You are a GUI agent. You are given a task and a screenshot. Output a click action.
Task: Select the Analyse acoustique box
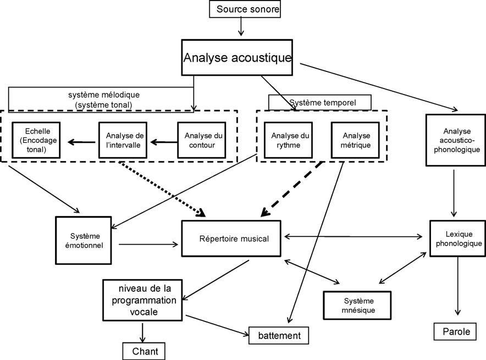coord(237,58)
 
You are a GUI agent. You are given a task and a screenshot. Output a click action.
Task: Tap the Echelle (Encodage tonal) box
coord(36,140)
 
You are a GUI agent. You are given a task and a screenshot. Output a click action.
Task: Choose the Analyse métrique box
coord(356,140)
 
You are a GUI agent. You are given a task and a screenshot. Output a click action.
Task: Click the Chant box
coord(143,350)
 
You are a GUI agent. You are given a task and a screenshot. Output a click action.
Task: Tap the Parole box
coord(452,332)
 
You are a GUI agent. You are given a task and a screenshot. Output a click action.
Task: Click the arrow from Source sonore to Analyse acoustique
coord(240,27)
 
